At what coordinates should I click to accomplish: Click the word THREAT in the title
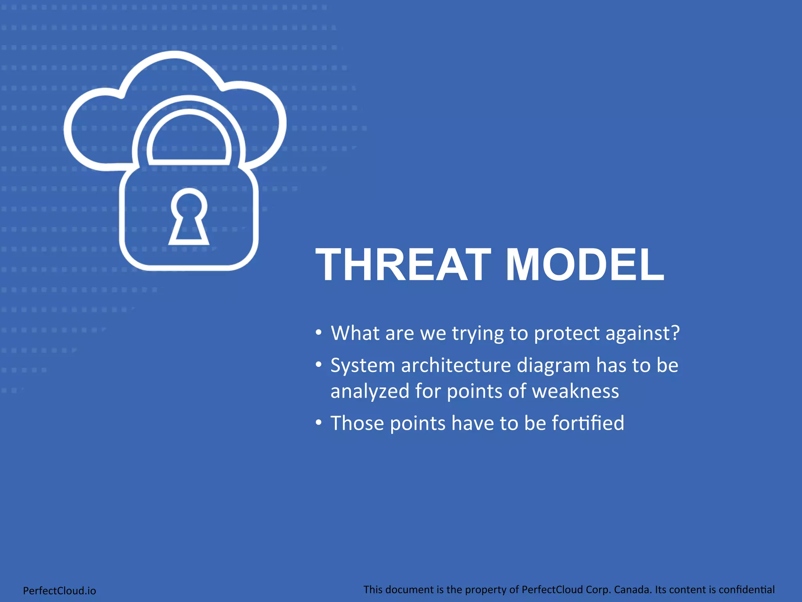pyautogui.click(x=403, y=265)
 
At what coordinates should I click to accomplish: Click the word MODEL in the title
pyautogui.click(x=585, y=265)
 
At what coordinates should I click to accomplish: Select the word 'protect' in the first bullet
pyautogui.click(x=567, y=334)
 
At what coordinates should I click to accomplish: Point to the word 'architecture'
pyautogui.click(x=456, y=365)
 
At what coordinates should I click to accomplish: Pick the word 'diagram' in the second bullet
pyautogui.click(x=553, y=366)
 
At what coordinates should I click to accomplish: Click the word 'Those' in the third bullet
pyautogui.click(x=357, y=423)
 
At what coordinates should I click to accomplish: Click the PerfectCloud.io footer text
pyautogui.click(x=60, y=591)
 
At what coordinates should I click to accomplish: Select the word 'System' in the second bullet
pyautogui.click(x=363, y=366)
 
